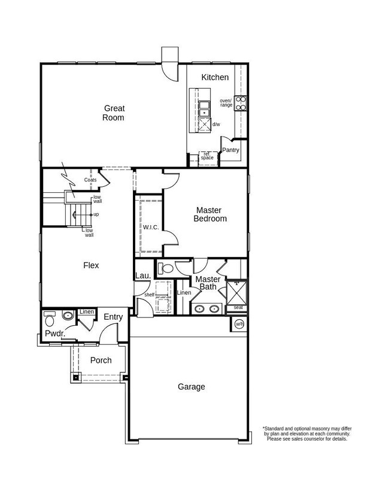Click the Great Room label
(114, 113)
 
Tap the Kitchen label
(215, 77)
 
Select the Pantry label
(231, 150)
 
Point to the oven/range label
(226, 102)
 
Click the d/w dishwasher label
(216, 125)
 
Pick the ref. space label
(207, 156)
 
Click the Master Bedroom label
(209, 214)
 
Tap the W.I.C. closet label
(150, 227)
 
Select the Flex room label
(91, 265)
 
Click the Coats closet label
(90, 180)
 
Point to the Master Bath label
(208, 283)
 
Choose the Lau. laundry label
(142, 275)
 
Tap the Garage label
(191, 387)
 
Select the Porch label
(101, 360)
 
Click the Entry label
(113, 317)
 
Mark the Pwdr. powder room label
(54, 334)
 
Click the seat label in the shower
(238, 307)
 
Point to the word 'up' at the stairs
(96, 214)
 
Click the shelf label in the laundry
(149, 294)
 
